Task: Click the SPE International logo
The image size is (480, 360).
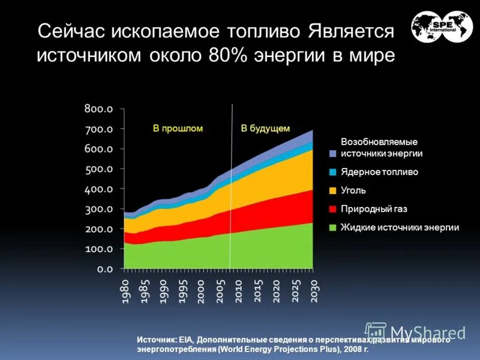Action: pos(442,26)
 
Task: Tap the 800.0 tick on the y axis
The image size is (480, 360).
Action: pos(98,109)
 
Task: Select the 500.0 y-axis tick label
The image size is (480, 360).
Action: pos(98,169)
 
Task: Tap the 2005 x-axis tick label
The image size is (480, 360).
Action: pos(220,293)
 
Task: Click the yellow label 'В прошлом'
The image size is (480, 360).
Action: pos(178,128)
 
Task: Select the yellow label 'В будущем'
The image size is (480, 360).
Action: pos(265,128)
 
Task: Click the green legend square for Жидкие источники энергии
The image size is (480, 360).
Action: pos(332,228)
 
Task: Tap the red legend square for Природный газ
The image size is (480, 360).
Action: pos(332,209)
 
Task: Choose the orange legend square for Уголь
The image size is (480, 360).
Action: pos(332,191)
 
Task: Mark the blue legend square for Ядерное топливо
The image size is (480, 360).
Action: pos(332,172)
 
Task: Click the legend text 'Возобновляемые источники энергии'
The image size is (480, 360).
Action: pos(381,148)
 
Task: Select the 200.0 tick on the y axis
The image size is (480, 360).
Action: pos(98,229)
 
